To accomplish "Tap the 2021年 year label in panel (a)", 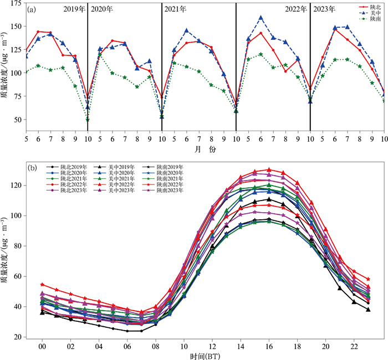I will point(176,9).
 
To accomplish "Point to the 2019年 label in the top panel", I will point(74,9).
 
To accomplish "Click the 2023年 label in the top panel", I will point(324,9).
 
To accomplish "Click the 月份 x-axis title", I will point(205,150).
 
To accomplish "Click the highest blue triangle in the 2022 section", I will point(261,18).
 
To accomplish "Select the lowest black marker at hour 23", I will point(368,310).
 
